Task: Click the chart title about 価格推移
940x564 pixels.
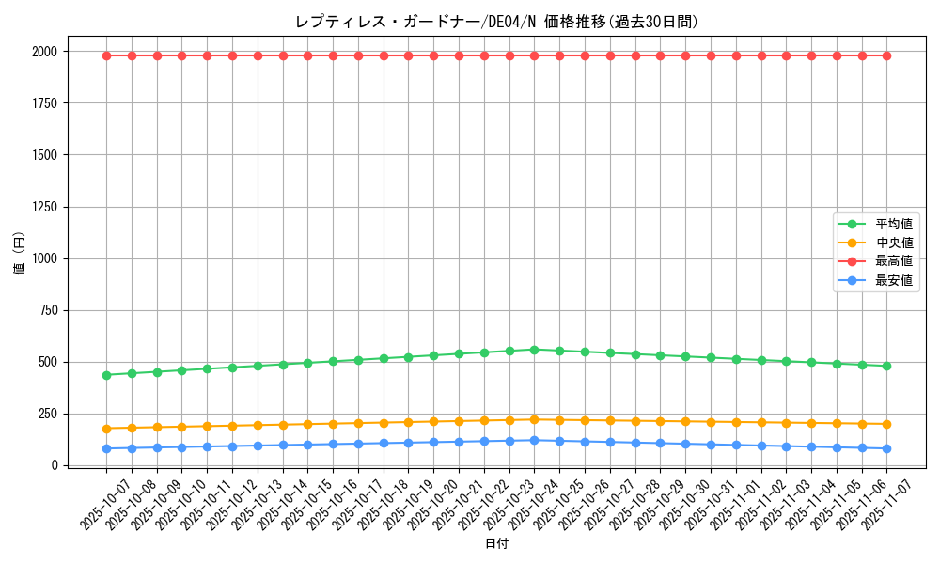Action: tap(496, 22)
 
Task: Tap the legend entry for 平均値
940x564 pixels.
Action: tap(894, 224)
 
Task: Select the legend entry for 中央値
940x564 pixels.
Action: tap(894, 243)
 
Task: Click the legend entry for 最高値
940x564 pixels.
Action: tap(894, 261)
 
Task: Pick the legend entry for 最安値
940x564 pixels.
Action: tap(894, 280)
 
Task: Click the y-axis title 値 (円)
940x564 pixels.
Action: tap(20, 254)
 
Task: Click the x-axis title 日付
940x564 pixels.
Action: tap(496, 544)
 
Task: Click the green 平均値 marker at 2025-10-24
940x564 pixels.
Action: tap(534, 350)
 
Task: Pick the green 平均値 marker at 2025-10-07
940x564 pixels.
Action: tap(106, 375)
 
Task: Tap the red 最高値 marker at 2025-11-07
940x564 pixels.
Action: tap(886, 55)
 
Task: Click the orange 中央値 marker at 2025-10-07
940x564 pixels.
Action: tap(106, 429)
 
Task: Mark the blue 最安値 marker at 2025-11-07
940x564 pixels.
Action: tap(886, 448)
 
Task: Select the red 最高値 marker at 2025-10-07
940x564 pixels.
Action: tap(106, 55)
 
